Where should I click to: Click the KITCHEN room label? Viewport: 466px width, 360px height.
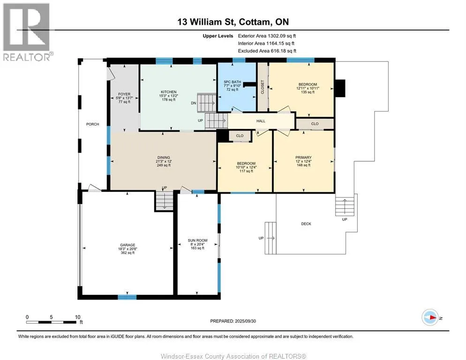168,92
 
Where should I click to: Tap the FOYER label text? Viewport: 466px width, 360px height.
124,94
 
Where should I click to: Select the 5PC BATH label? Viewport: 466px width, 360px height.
233,82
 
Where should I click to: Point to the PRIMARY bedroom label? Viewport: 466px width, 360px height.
303,157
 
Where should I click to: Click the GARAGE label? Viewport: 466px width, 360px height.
128,245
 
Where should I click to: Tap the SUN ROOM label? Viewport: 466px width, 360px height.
198,240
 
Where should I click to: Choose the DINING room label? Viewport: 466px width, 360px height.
164,157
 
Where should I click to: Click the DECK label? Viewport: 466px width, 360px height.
306,224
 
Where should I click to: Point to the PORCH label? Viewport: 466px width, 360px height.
92,124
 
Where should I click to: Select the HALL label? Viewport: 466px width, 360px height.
261,121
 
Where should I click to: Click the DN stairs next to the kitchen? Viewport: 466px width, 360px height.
207,103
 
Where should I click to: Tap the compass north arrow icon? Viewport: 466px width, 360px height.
430,317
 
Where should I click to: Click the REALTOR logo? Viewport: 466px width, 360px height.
27,32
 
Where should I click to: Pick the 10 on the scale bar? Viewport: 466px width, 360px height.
77,317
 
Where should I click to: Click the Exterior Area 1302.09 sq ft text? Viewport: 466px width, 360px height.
267,36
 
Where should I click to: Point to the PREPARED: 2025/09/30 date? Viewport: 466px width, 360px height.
233,321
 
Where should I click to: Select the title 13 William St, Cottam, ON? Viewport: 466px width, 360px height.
233,22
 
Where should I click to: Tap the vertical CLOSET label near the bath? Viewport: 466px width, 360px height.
263,87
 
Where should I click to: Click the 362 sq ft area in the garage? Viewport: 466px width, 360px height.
128,253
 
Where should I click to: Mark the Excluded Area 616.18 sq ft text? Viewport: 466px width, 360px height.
267,51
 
